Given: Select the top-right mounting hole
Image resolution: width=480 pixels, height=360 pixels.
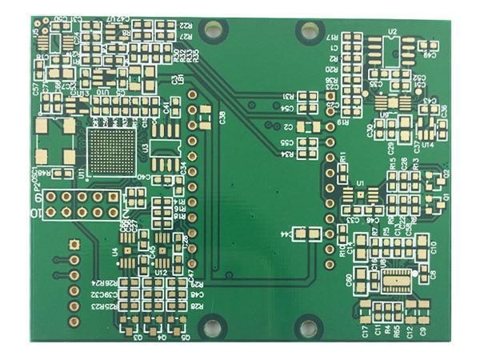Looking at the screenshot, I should tap(308, 32).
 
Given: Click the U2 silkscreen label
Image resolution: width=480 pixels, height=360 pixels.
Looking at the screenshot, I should tap(392, 33).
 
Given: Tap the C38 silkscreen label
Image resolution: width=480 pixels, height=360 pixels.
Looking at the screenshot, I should tap(222, 118).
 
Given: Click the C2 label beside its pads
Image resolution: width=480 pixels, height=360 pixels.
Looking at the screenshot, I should tap(288, 126).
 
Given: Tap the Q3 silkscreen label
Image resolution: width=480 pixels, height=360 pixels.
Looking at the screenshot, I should tap(138, 337).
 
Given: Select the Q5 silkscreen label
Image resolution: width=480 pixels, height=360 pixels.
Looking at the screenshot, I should tap(185, 337).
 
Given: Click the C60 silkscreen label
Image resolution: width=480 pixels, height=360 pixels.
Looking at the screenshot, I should tap(349, 279).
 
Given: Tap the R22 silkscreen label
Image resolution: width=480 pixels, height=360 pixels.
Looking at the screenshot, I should tap(186, 25).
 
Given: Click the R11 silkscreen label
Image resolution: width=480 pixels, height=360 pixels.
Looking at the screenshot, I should tap(342, 157).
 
